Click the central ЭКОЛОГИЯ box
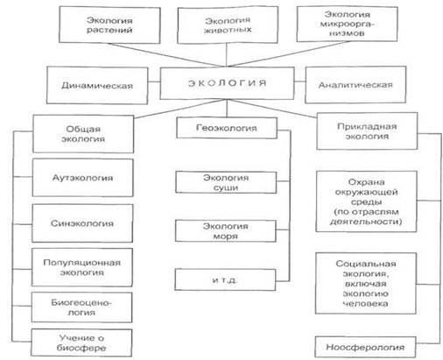[227, 83]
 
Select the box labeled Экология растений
[109, 25]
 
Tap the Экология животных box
[228, 25]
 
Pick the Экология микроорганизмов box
[347, 24]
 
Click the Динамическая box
[97, 85]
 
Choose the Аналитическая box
[355, 85]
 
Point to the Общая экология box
[83, 134]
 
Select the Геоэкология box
[227, 128]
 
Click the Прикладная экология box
[367, 131]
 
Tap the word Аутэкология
[82, 178]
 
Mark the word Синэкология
[82, 223]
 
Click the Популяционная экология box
[82, 267]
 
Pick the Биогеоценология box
[81, 307]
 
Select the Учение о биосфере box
[81, 342]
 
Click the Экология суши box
[226, 182]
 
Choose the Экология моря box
[226, 231]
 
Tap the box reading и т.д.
[225, 279]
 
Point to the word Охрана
[366, 182]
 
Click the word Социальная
[366, 264]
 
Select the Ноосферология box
[365, 347]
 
